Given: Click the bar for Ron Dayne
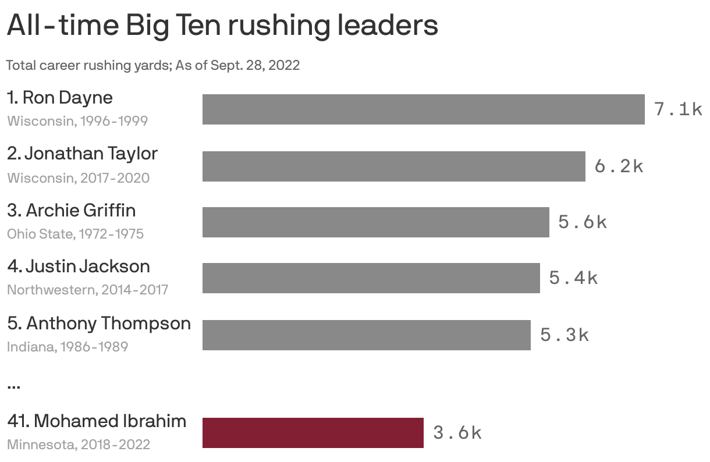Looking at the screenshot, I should [x=423, y=109].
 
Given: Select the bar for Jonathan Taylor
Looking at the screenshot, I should [x=393, y=166].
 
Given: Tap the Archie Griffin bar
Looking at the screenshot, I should [x=375, y=222].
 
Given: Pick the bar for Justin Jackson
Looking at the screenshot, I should [x=371, y=278].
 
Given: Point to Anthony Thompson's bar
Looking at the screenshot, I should [x=366, y=335].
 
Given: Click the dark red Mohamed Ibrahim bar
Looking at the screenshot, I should [x=313, y=433].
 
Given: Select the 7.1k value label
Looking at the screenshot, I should [x=678, y=109].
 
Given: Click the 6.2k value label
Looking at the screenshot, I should [x=619, y=166].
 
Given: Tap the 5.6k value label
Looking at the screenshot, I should [x=583, y=222].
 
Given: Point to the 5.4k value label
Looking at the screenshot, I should [x=573, y=278].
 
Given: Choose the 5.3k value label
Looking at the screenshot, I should [x=565, y=335].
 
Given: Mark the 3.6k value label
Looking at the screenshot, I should [x=457, y=433].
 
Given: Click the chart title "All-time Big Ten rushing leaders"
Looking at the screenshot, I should [x=222, y=26].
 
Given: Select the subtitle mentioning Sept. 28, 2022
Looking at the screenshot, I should [x=153, y=65].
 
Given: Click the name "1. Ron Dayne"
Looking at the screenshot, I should [x=60, y=97].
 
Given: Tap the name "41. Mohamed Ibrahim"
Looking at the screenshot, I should [x=97, y=421].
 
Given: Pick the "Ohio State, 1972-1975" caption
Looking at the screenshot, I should [x=75, y=234].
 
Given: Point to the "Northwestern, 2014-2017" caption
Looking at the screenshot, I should [x=87, y=290].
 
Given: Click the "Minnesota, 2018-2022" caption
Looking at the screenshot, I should [x=79, y=445].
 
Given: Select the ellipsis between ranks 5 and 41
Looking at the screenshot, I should [x=14, y=385].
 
